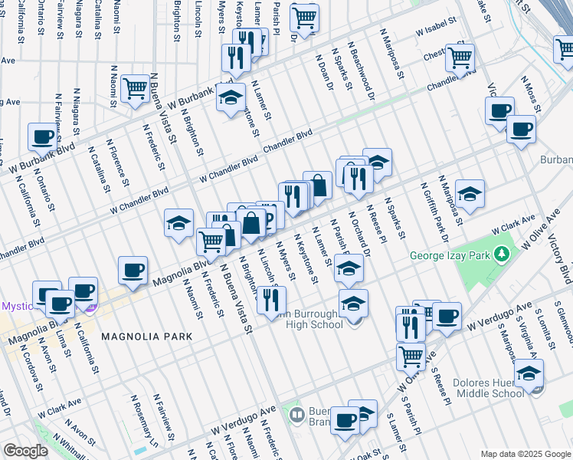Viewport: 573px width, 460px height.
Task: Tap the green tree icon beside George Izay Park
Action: (x=503, y=253)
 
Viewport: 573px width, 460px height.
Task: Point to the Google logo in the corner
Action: (x=25, y=451)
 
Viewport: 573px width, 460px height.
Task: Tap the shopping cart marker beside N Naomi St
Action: (x=135, y=89)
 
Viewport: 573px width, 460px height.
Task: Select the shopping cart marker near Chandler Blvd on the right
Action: (x=460, y=57)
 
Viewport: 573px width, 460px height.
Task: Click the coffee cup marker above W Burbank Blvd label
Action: (x=43, y=136)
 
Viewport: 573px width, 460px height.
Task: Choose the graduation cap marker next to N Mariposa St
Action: (x=470, y=193)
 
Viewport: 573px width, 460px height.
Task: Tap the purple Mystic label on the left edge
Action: (x=14, y=305)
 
